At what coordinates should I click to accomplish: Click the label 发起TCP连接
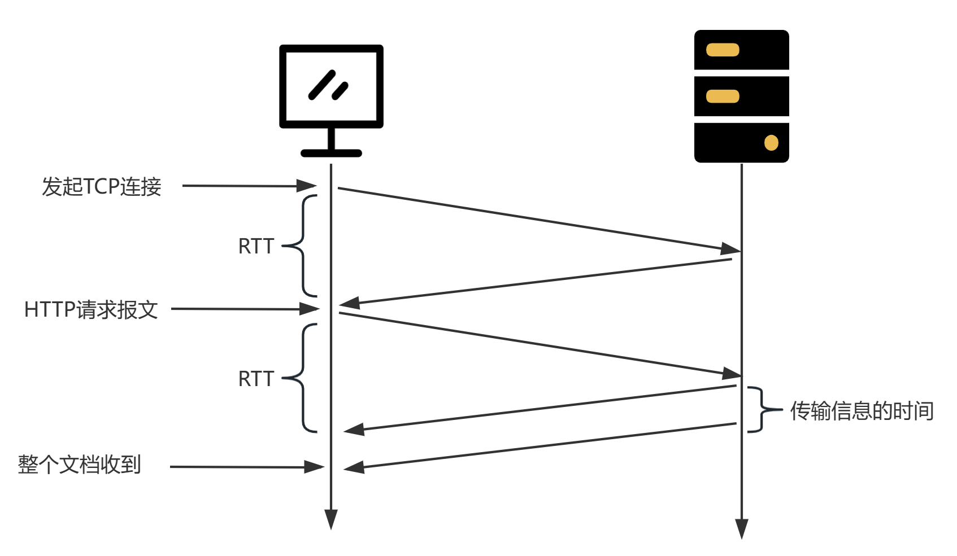102,186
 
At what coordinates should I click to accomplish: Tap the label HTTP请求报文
91,309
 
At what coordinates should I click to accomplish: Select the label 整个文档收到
80,465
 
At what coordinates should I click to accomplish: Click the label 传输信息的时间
862,410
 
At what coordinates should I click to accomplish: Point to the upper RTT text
256,246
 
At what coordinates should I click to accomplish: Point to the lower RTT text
256,379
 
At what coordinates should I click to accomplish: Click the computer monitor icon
331,87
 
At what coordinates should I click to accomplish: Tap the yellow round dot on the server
771,143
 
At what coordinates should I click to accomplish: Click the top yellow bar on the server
723,50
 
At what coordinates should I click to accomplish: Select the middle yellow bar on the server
723,97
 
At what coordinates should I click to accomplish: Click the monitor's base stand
331,152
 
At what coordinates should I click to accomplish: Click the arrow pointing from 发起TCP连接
249,186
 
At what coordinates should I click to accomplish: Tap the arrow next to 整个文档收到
246,467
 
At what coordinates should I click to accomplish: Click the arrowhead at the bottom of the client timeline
331,519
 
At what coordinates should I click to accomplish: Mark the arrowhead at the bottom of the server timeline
742,528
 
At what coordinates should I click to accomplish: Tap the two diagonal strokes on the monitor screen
328,86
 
